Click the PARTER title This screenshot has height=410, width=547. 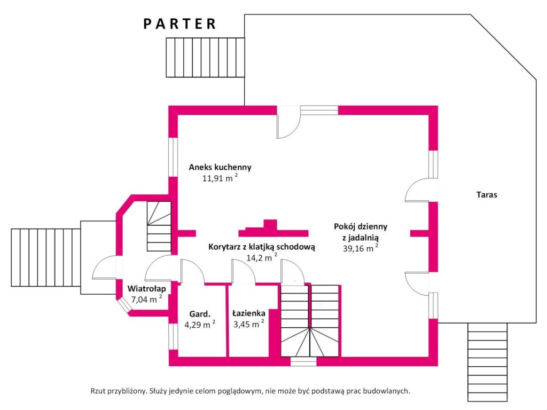click(x=179, y=23)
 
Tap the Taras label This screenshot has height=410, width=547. click(x=487, y=194)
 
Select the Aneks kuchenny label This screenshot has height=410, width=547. click(x=220, y=167)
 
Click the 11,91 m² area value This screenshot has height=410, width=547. click(x=220, y=178)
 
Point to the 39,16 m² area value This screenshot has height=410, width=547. click(x=361, y=248)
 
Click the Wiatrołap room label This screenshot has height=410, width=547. click(x=146, y=289)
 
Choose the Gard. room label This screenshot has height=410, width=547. click(x=200, y=314)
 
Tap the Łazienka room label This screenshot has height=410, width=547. click(x=249, y=313)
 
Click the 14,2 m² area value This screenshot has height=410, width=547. click(x=262, y=258)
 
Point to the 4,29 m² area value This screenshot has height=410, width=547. click(x=200, y=324)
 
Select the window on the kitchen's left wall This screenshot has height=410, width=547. click(x=173, y=157)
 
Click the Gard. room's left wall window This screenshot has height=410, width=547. click(x=173, y=336)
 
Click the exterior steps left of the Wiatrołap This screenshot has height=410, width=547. click(x=46, y=258)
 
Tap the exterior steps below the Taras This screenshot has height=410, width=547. click(x=487, y=362)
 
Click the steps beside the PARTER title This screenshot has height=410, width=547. click(x=205, y=57)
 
